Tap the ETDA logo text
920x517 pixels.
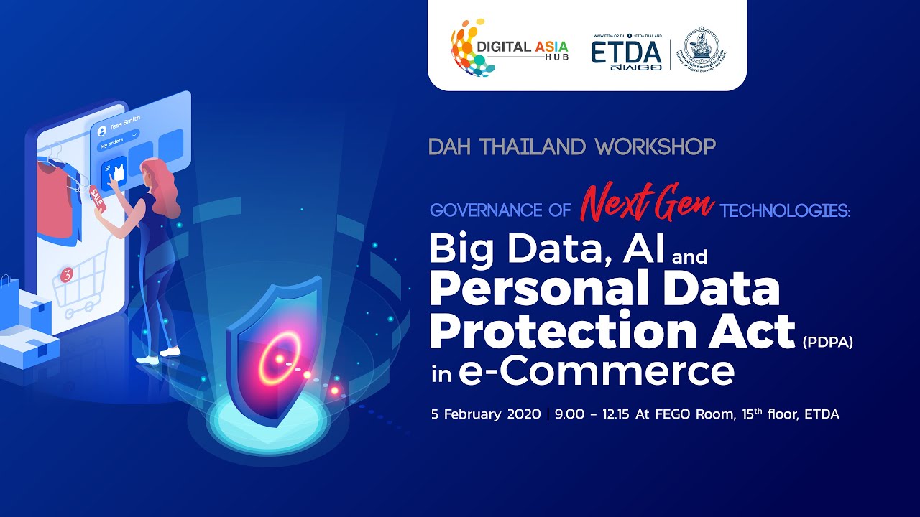(x=626, y=52)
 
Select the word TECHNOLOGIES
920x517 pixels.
(x=784, y=210)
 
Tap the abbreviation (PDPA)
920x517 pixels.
(x=827, y=343)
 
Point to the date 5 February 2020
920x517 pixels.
(x=485, y=414)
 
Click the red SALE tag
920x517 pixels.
(x=97, y=197)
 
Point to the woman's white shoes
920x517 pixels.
(x=160, y=355)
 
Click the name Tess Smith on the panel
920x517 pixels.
(x=125, y=123)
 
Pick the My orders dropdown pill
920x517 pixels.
(x=119, y=140)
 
